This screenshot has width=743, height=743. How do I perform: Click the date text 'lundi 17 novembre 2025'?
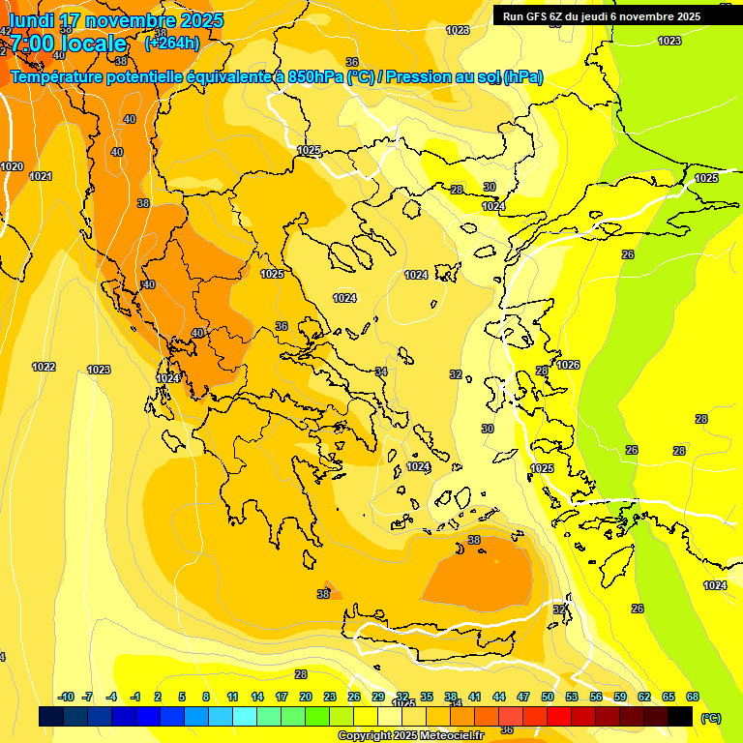click(x=116, y=20)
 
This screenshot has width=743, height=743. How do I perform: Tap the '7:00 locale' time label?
click(x=69, y=44)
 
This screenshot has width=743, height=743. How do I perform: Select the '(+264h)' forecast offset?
click(x=171, y=43)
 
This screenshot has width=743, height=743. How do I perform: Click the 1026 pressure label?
click(x=568, y=365)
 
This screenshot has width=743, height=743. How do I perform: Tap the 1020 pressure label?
click(x=12, y=166)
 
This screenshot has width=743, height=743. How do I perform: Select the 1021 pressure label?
click(x=41, y=176)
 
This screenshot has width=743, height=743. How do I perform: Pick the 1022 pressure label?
click(x=44, y=367)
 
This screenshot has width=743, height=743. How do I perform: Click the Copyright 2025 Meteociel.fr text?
click(x=410, y=735)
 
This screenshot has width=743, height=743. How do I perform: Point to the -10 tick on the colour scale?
click(x=66, y=697)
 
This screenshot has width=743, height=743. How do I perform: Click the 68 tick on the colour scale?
click(x=693, y=697)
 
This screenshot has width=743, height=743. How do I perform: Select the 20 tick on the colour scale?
click(x=305, y=697)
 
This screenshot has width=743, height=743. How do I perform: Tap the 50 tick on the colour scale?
click(x=548, y=697)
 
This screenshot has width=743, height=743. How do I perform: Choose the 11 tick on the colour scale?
click(x=232, y=697)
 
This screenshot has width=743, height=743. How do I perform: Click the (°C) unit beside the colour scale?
click(x=710, y=718)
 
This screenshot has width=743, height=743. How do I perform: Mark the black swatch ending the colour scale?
click(x=680, y=716)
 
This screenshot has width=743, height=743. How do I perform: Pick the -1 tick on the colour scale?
click(x=135, y=697)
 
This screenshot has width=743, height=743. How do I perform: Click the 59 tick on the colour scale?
click(x=620, y=697)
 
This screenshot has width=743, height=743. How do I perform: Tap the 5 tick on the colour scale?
click(x=183, y=697)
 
